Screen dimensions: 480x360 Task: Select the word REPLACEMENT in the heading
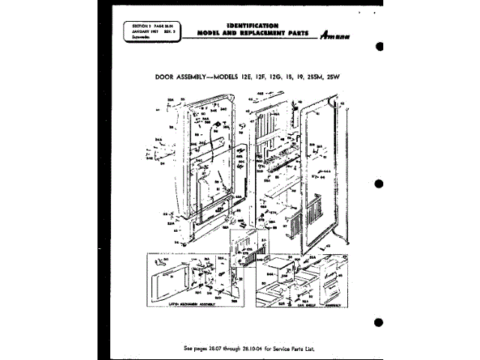[260, 34]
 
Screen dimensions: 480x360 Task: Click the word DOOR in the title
[165, 76]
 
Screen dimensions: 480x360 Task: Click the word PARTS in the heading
[297, 34]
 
